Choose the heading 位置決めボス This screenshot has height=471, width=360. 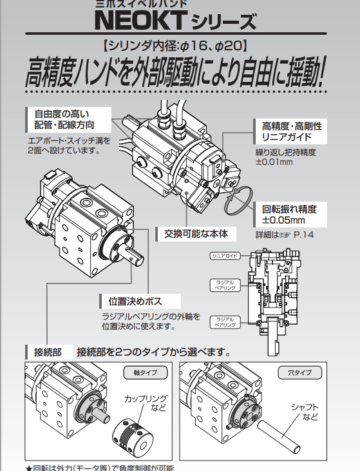pyautogui.click(x=135, y=301)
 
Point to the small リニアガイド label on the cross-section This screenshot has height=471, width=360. pyautogui.click(x=225, y=256)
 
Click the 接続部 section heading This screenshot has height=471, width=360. pyautogui.click(x=48, y=352)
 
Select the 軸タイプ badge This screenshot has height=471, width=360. pyautogui.click(x=145, y=373)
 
